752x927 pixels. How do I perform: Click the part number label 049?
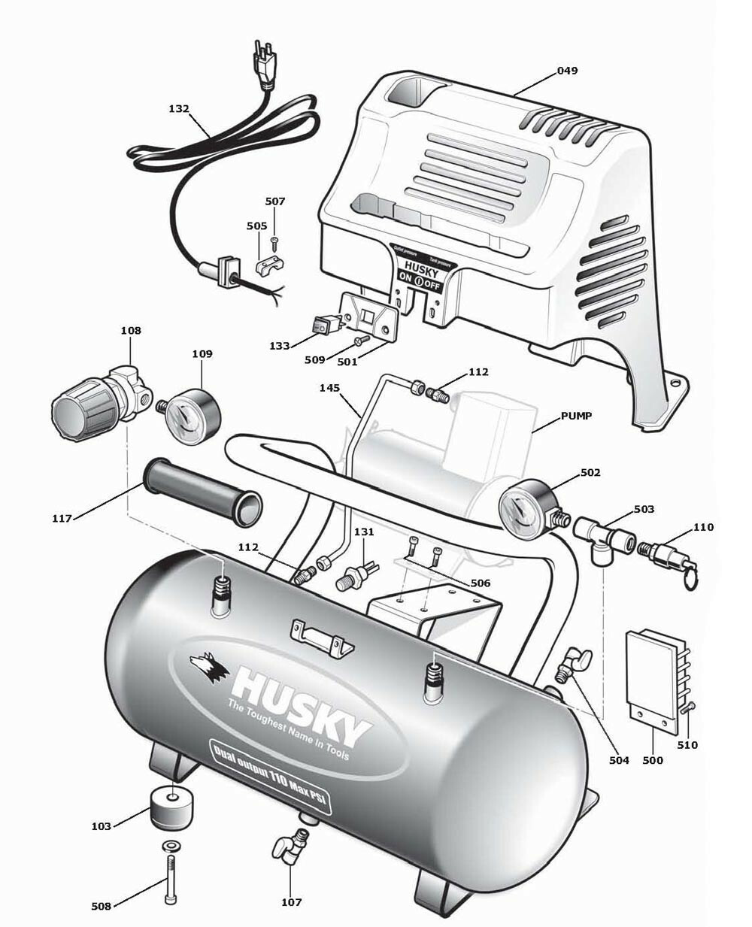567,71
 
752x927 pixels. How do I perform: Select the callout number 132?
179,108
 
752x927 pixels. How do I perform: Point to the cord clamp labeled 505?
270,265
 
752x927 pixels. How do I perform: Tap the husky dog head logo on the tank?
208,667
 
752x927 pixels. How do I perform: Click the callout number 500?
653,760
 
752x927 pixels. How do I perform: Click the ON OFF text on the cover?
418,285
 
